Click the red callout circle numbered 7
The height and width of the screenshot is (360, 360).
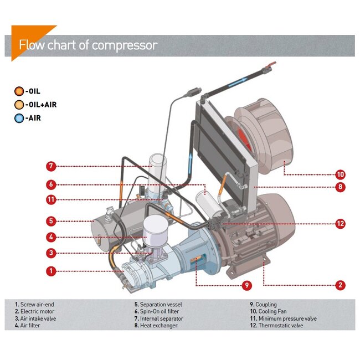[50, 166]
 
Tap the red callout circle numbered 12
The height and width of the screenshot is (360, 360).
[340, 224]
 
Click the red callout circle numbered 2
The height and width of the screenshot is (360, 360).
[340, 285]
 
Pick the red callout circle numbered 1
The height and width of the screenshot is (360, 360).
[50, 271]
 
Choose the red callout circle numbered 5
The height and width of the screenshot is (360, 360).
[50, 220]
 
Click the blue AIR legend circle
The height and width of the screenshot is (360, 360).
[20, 117]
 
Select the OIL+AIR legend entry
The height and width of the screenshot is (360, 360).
[36, 104]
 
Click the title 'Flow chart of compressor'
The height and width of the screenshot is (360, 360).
[88, 45]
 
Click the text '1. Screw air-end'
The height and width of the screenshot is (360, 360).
[34, 304]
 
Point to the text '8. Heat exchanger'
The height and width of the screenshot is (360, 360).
[156, 326]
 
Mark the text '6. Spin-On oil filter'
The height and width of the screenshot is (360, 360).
[159, 311]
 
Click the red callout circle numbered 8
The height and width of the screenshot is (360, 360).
[340, 187]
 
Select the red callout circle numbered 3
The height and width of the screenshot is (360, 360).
[50, 253]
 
